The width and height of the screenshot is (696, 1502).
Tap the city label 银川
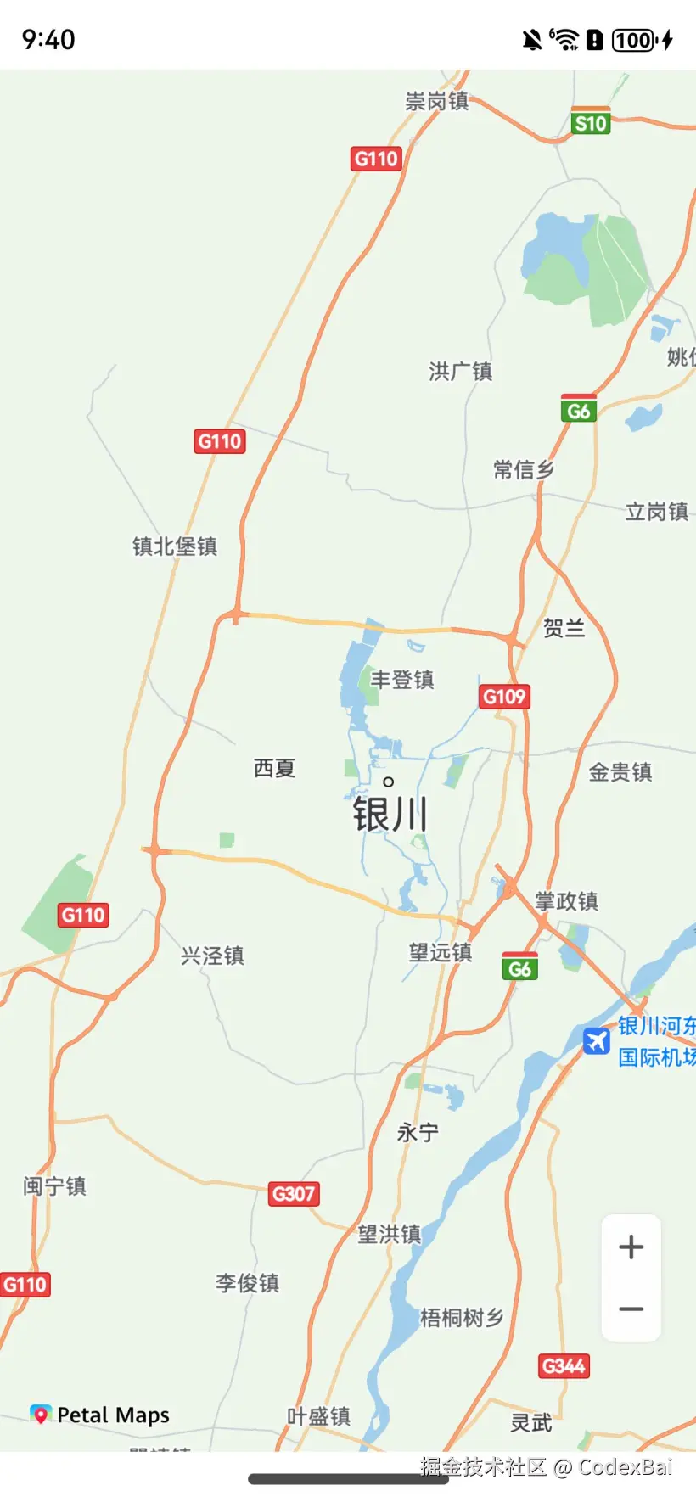[x=390, y=815]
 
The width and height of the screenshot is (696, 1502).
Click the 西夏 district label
[x=274, y=769]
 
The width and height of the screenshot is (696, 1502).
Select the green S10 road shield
[x=591, y=123]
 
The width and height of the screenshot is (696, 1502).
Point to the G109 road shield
[x=504, y=697]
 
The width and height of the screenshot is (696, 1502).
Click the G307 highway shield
[x=294, y=1194]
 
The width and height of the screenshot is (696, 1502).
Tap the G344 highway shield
[x=564, y=1366]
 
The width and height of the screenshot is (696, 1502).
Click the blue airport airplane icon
[x=597, y=1040]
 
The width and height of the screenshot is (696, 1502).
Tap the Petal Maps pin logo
[x=40, y=1414]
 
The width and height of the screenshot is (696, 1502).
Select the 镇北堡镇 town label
[x=175, y=546]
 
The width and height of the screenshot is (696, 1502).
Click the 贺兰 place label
[x=564, y=628]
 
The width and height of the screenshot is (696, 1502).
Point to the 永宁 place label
[x=418, y=1133]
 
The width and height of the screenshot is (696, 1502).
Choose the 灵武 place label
[x=531, y=1422]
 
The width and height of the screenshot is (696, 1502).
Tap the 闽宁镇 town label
[x=54, y=1185]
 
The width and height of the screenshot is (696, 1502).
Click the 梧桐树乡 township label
[x=462, y=1318]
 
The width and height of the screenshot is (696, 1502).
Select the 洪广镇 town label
[x=460, y=372]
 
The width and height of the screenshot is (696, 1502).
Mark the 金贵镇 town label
[x=620, y=772]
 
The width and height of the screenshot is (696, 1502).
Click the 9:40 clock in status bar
[x=48, y=40]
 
